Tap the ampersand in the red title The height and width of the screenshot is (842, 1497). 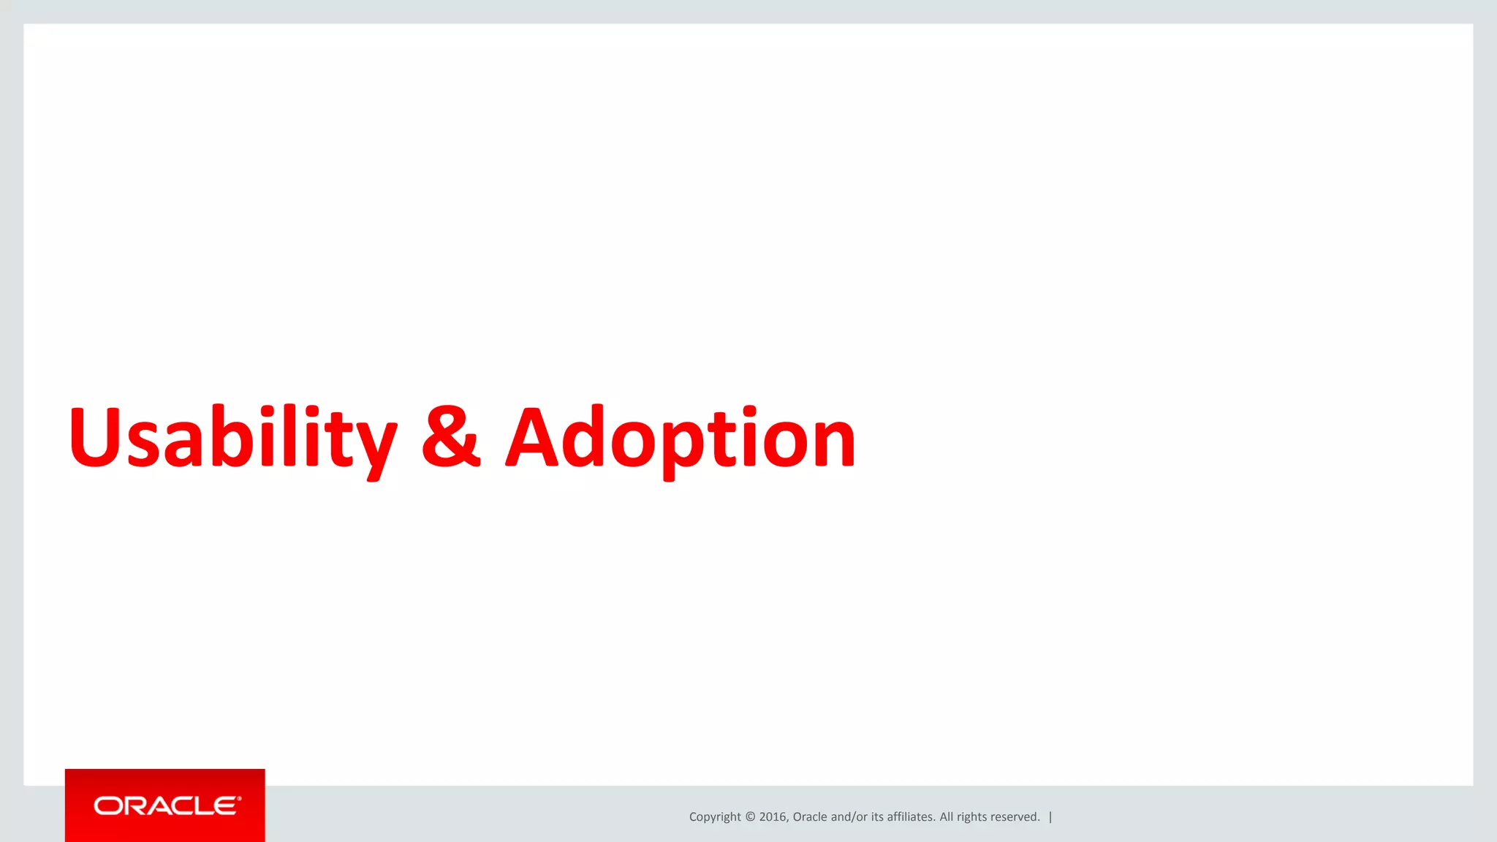(x=451, y=437)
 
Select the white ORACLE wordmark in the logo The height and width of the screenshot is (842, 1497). (x=166, y=805)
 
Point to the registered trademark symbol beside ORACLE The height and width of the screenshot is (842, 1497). (x=239, y=798)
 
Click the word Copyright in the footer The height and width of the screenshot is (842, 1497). (x=714, y=817)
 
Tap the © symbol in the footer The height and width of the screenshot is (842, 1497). (x=750, y=817)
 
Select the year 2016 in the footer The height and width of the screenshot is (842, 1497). (x=772, y=817)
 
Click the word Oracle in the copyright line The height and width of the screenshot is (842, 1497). (x=810, y=817)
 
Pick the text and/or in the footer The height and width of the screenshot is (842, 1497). (x=849, y=817)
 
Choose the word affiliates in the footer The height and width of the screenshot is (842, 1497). (x=911, y=817)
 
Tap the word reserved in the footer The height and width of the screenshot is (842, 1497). (x=1015, y=817)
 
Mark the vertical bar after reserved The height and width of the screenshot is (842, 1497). (x=1050, y=817)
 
